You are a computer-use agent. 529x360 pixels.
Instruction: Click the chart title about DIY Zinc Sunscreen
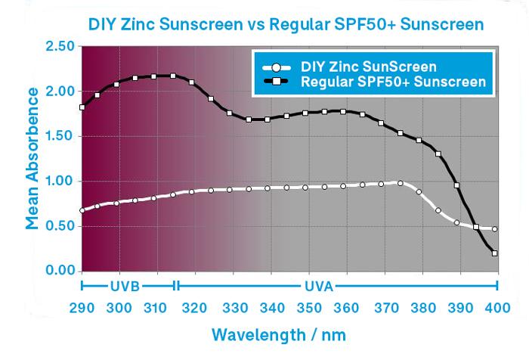[x=285, y=24]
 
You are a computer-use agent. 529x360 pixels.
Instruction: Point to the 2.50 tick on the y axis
[x=60, y=47]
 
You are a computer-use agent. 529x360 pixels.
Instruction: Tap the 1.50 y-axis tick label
[x=60, y=137]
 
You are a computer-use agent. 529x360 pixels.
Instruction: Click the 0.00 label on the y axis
[x=60, y=271]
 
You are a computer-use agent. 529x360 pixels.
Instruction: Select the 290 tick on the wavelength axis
[x=82, y=309]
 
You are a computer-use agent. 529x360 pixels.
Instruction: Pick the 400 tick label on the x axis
[x=497, y=309]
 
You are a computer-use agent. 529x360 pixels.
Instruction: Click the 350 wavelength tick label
[x=308, y=309]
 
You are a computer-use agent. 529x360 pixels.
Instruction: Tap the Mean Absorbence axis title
[x=32, y=157]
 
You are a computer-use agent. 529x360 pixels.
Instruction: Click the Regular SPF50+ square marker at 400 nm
[x=495, y=253]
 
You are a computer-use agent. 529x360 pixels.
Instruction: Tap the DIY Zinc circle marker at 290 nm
[x=82, y=210]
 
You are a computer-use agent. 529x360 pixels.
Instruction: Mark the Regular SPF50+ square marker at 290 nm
[x=82, y=107]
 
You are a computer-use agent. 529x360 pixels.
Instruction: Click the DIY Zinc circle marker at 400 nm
[x=495, y=229]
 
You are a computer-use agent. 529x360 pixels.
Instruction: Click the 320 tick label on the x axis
[x=194, y=309]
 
